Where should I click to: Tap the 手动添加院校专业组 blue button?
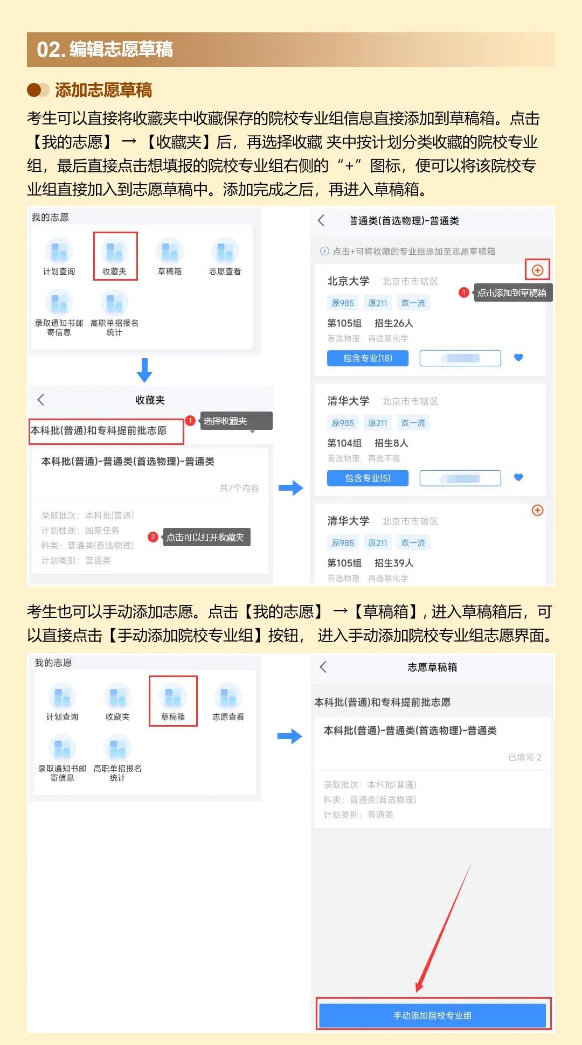[x=432, y=1015]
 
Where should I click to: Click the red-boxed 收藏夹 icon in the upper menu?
[x=115, y=256]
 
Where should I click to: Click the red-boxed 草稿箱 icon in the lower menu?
[x=173, y=701]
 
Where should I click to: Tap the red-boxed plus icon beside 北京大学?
[x=537, y=270]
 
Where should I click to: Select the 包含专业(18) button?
[x=368, y=358]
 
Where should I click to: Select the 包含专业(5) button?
[x=368, y=478]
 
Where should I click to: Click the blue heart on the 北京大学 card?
[x=518, y=357]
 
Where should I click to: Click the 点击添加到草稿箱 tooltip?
[x=512, y=292]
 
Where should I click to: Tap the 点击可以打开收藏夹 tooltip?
[x=205, y=537]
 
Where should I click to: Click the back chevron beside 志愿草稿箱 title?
[x=323, y=667]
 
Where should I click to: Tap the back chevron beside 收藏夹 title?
[x=41, y=400]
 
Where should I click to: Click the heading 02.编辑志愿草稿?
[x=105, y=50]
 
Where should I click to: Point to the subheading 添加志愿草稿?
[x=103, y=89]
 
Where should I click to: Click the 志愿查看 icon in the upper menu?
[x=225, y=256]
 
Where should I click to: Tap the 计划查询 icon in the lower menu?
[x=62, y=701]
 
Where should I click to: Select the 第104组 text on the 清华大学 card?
[x=344, y=443]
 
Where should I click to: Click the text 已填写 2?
[x=524, y=757]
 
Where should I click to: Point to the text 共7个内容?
[x=239, y=487]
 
